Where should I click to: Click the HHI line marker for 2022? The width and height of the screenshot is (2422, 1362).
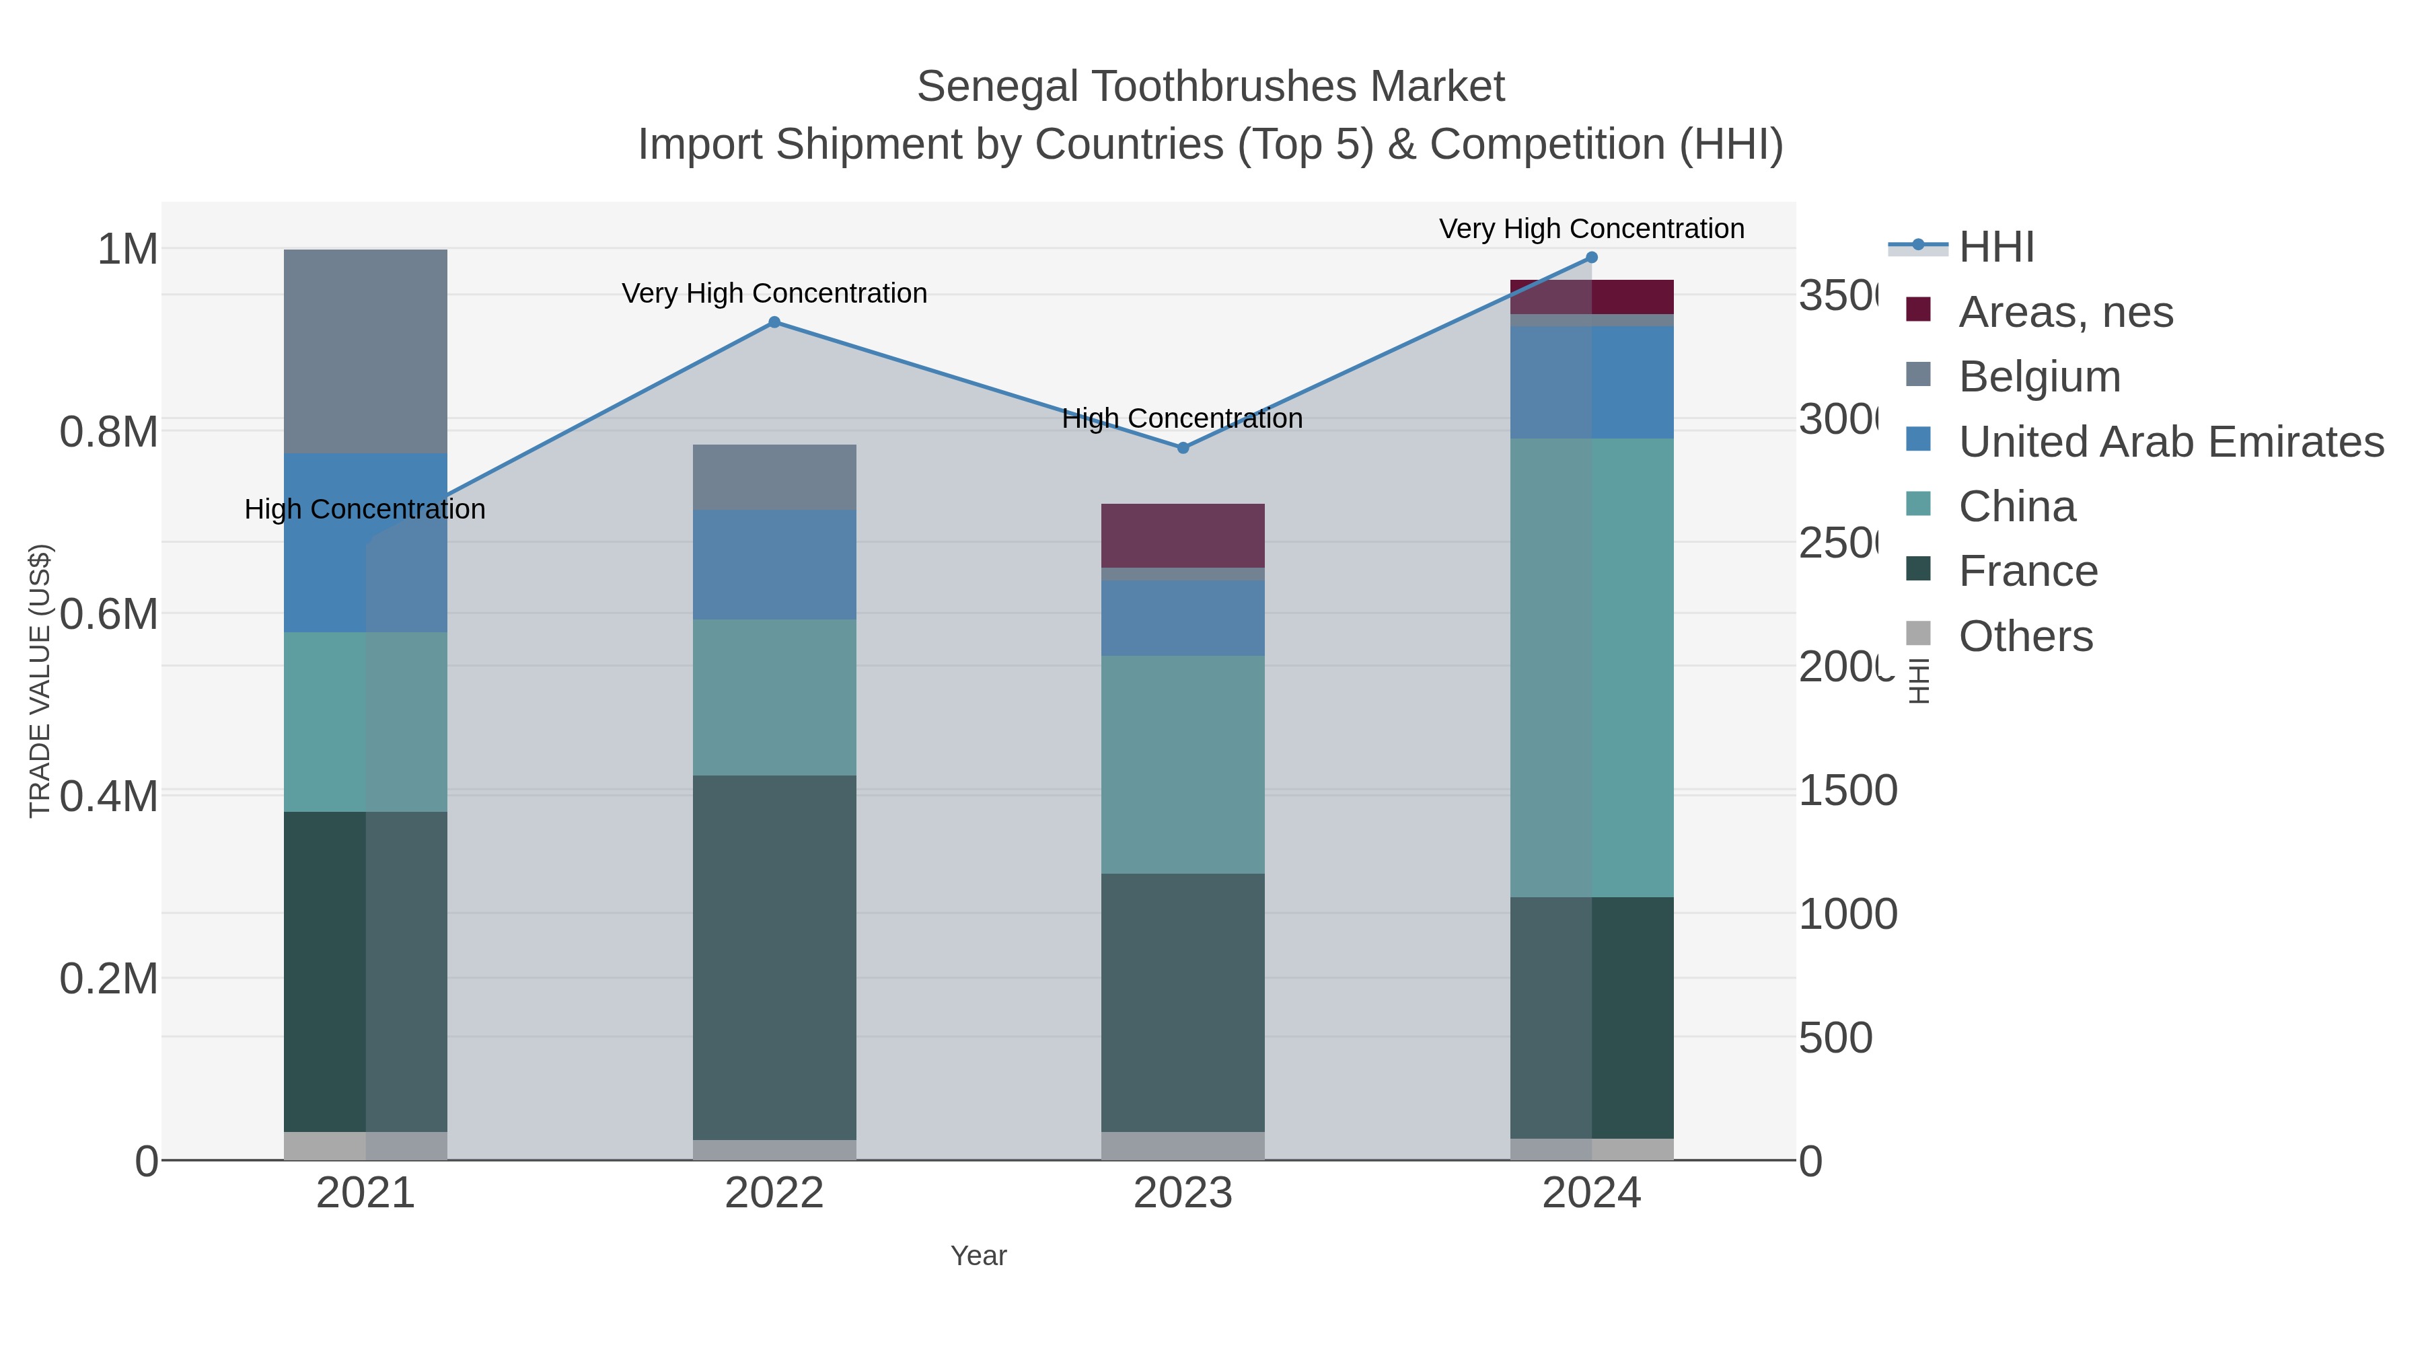[774, 322]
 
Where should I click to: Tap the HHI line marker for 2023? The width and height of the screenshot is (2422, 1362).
[1183, 449]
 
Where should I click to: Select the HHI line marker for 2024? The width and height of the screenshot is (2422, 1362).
[1591, 258]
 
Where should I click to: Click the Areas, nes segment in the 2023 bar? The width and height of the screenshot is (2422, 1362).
[1182, 536]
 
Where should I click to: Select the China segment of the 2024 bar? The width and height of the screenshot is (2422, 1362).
[1591, 667]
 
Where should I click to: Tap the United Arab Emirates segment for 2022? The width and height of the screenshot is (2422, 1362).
[774, 564]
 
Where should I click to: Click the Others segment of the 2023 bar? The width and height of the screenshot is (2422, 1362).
[1182, 1146]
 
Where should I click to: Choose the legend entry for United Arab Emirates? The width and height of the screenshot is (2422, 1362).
[2170, 442]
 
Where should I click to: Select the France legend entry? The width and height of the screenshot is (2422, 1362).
[2027, 572]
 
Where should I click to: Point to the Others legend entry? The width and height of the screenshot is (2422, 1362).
[2025, 636]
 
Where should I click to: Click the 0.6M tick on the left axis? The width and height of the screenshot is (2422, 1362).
[109, 615]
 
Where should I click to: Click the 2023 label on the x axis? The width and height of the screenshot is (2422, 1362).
[1182, 1194]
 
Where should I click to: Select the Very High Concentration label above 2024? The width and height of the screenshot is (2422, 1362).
[1591, 229]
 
